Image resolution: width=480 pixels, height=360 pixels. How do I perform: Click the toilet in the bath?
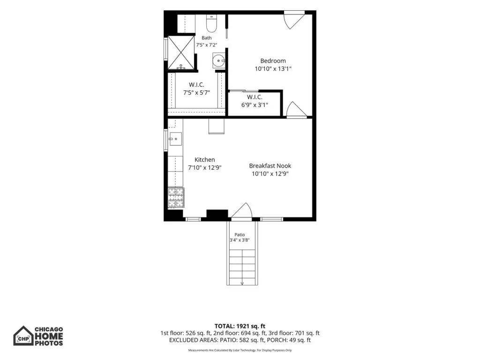pos(211,23)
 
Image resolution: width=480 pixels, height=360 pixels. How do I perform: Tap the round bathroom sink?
pos(218,60)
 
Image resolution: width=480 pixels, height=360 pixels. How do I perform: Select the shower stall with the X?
pos(181,52)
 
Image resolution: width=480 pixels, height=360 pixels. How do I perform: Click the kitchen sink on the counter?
pos(175,139)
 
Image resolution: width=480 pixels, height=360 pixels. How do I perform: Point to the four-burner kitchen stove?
pos(176,198)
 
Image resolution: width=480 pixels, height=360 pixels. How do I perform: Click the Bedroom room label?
pos(273,60)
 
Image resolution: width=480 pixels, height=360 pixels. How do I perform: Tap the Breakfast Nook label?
pos(270,165)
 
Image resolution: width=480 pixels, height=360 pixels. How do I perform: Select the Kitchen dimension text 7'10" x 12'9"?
pos(204,167)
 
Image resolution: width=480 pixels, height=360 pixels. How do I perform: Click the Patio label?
pos(240,234)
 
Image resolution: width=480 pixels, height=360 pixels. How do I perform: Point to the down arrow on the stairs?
pos(242,283)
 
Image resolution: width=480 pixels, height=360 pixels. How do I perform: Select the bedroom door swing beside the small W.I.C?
pos(296,110)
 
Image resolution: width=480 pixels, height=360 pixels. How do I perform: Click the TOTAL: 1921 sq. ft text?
pos(240,326)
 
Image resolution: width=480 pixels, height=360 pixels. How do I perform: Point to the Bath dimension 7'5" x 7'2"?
pos(207,45)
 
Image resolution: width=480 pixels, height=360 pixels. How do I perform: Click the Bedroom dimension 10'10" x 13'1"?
pos(273,68)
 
